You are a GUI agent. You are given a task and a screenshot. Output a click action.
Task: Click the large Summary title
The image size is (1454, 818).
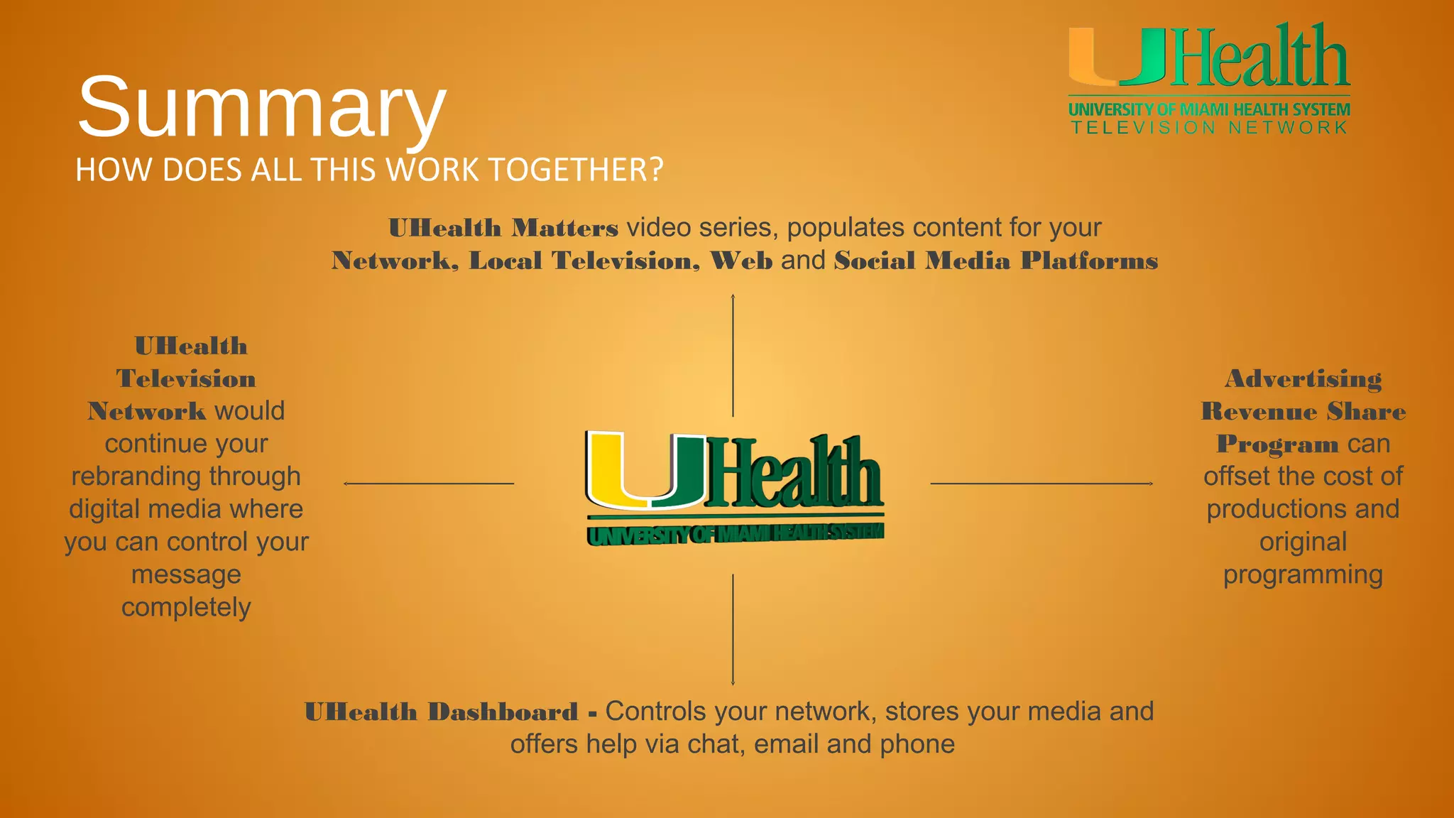(x=261, y=108)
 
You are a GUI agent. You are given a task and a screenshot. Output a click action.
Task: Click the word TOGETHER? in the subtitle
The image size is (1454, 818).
(x=576, y=170)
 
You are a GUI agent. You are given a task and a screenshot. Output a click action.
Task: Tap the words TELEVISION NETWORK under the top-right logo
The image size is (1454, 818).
(x=1209, y=128)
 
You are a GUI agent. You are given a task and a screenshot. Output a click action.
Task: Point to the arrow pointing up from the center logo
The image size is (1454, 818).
(x=733, y=355)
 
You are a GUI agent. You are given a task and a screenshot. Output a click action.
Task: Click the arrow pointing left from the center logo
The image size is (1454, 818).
(x=428, y=484)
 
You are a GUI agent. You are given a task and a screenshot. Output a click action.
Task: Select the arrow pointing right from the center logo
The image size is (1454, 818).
(x=1042, y=484)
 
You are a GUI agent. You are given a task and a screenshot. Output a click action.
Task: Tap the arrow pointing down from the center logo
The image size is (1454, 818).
(x=733, y=630)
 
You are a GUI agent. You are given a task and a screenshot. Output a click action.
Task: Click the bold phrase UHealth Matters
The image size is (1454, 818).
(x=503, y=229)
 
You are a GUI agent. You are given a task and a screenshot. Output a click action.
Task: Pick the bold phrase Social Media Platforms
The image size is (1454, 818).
(x=996, y=261)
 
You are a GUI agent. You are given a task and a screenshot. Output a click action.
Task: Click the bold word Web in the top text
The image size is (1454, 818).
(x=741, y=261)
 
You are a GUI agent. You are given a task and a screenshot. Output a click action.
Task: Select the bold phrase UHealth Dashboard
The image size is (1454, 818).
(x=441, y=712)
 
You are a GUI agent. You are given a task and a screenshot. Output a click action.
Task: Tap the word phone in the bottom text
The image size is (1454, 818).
(x=917, y=744)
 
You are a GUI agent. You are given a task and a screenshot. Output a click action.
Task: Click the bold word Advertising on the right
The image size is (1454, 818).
(x=1303, y=379)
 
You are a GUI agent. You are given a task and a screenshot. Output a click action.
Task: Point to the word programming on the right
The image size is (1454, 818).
(x=1303, y=575)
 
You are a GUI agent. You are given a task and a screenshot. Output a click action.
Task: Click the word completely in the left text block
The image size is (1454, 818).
(x=186, y=608)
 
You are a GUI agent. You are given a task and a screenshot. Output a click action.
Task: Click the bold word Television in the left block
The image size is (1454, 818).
(x=186, y=379)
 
